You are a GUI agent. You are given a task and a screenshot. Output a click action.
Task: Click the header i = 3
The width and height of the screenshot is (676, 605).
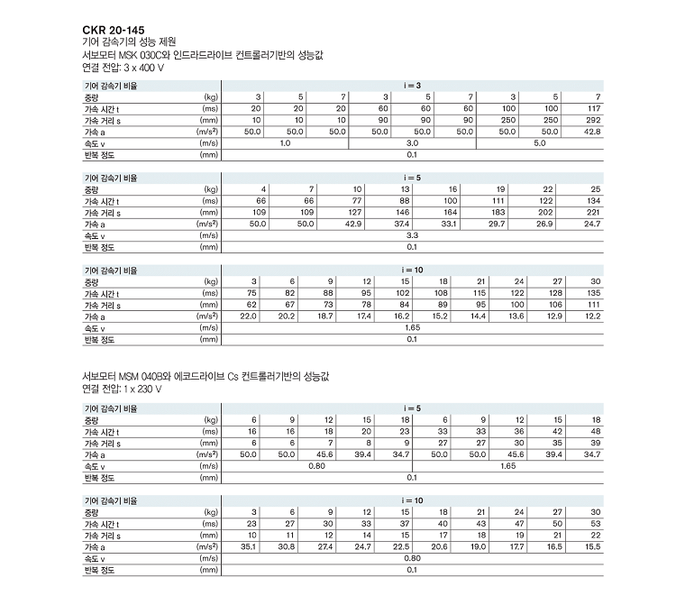[x=412, y=85]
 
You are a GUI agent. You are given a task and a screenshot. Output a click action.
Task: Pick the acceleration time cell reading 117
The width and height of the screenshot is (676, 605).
[x=593, y=108]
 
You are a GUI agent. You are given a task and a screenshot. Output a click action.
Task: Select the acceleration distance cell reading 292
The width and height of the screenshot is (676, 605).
[x=593, y=120]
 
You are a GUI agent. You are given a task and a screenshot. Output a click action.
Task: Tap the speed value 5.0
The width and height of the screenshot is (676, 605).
[x=540, y=143]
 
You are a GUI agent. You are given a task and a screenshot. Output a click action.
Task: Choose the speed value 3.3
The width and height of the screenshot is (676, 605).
[x=412, y=235]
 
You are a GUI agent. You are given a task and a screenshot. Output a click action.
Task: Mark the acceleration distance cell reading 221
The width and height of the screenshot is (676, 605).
[x=593, y=212]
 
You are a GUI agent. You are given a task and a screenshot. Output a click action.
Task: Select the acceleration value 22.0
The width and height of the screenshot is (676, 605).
[x=248, y=316]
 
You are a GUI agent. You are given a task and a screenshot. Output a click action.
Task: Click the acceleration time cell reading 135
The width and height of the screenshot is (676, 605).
[x=593, y=293]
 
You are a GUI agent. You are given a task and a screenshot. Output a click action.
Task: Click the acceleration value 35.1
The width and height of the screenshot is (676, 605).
[x=248, y=547]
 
